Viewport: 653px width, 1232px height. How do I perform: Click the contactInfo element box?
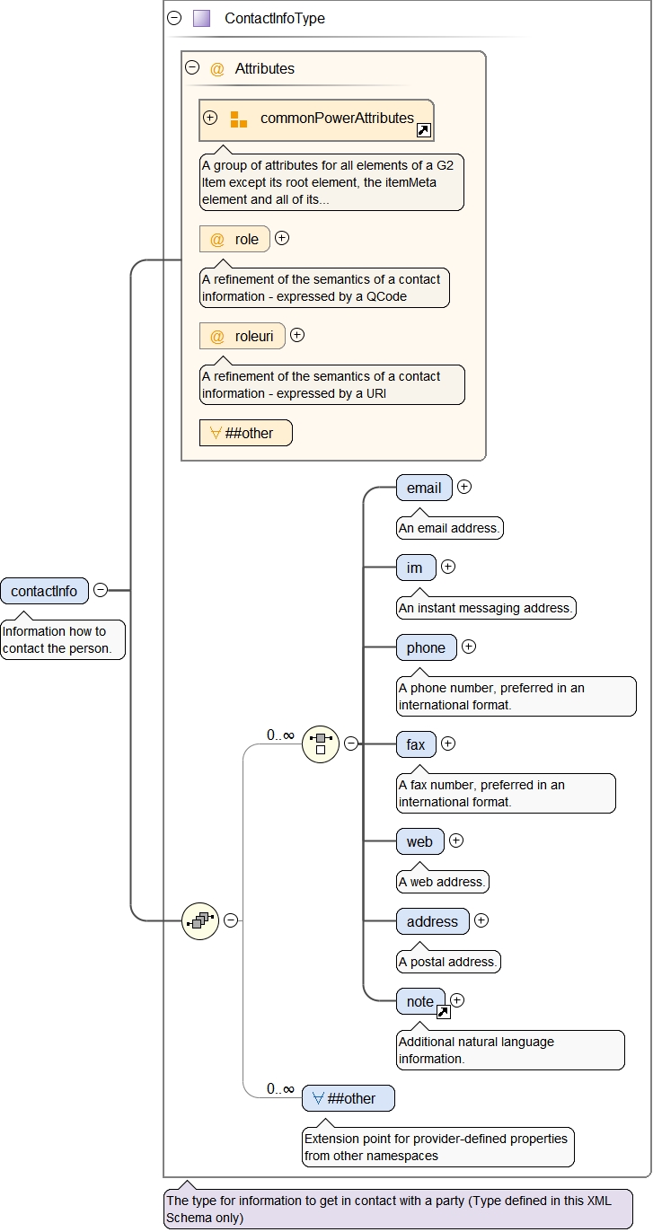45,591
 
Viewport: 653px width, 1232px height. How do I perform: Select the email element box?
424,488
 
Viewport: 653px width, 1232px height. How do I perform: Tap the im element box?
415,568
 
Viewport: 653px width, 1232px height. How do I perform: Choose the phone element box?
426,647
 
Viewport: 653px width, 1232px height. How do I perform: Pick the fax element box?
416,744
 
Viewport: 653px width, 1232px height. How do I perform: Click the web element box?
419,841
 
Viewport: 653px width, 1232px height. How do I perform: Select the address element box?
432,921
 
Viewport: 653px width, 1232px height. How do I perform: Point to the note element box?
420,1001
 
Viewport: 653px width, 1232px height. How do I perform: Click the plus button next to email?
464,487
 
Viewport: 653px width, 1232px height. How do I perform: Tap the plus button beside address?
481,920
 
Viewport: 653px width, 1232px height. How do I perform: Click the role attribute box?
234,239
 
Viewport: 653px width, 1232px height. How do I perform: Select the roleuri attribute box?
242,336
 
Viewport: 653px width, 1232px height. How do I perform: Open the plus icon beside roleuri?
297,335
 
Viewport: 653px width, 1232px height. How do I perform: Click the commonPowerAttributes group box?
316,119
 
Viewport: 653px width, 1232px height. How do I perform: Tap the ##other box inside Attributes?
246,433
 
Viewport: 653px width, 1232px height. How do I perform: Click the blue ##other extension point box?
348,1098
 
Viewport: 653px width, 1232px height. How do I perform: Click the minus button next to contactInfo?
101,590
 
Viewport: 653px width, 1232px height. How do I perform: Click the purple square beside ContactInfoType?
201,18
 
